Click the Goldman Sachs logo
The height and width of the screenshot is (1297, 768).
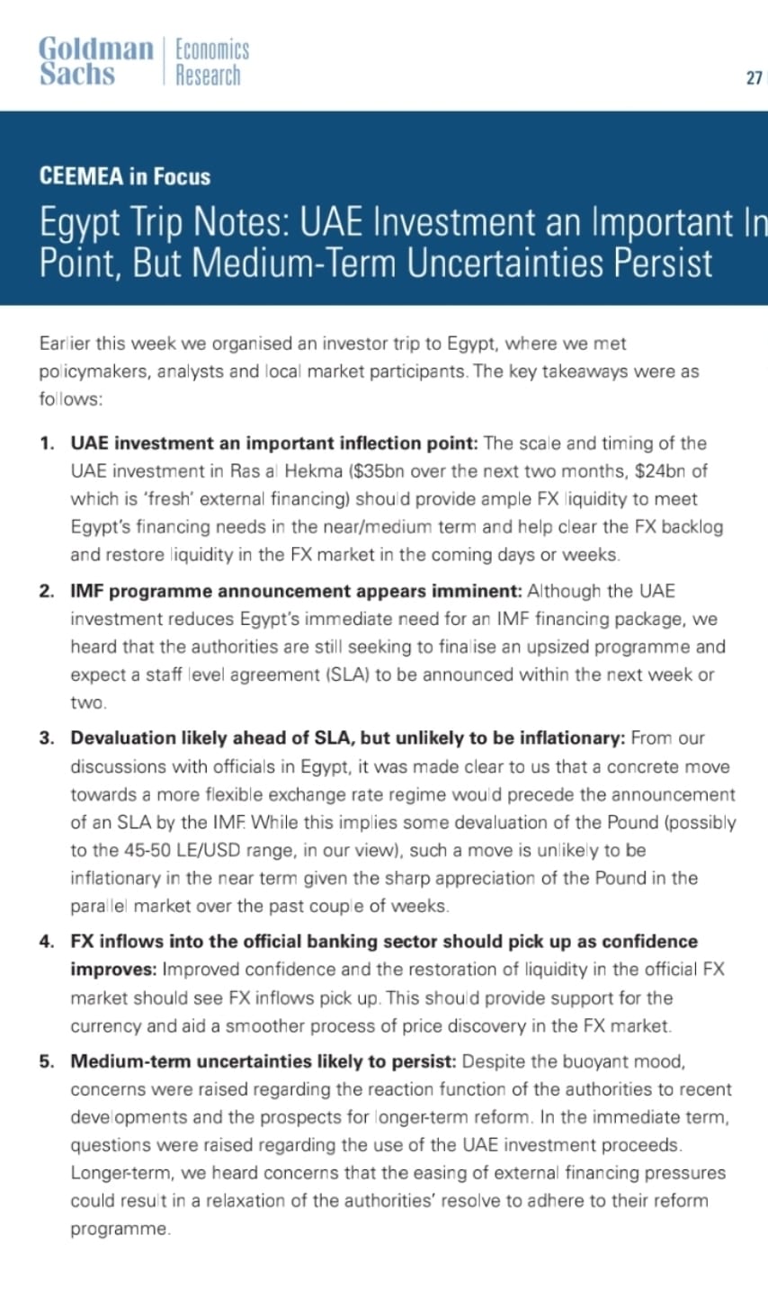point(95,61)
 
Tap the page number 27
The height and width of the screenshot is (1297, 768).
point(754,78)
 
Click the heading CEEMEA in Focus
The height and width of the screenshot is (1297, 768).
point(124,176)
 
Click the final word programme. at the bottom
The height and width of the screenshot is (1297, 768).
point(121,1229)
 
